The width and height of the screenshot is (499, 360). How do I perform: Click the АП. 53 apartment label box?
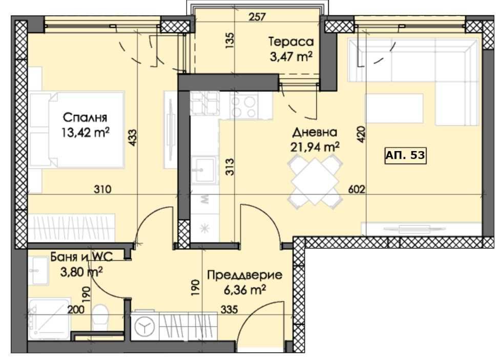pyautogui.click(x=405, y=155)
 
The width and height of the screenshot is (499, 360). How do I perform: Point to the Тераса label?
pyautogui.click(x=292, y=41)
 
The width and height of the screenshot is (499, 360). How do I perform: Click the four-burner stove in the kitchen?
pyautogui.click(x=243, y=105)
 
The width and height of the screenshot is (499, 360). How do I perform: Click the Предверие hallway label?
pyautogui.click(x=244, y=276)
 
